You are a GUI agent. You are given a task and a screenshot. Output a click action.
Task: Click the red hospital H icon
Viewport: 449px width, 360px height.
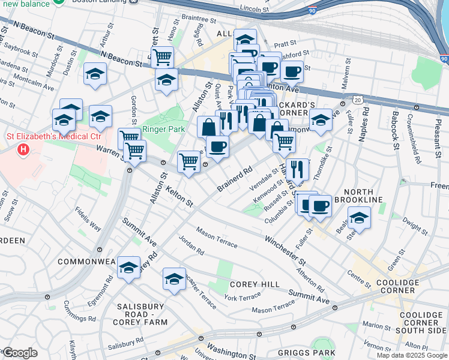click(23, 148)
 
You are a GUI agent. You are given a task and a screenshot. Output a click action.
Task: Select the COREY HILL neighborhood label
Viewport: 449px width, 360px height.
click(250, 284)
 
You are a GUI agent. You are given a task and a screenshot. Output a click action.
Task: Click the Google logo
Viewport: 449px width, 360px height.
click(19, 352)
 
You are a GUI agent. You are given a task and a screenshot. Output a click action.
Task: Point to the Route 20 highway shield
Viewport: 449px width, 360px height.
click(357, 97)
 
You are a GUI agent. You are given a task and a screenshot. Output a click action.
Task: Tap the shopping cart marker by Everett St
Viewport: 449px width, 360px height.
click(162, 58)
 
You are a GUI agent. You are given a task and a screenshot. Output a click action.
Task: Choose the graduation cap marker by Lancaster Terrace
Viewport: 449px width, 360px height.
click(174, 279)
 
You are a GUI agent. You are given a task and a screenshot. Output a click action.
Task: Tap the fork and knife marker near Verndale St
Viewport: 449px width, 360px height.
click(298, 169)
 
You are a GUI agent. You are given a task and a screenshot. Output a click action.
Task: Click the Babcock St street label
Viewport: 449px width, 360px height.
click(396, 129)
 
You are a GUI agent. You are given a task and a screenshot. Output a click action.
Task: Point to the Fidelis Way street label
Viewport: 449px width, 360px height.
click(88, 219)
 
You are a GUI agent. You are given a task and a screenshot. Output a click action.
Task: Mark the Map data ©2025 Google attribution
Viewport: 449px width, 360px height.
click(411, 355)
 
